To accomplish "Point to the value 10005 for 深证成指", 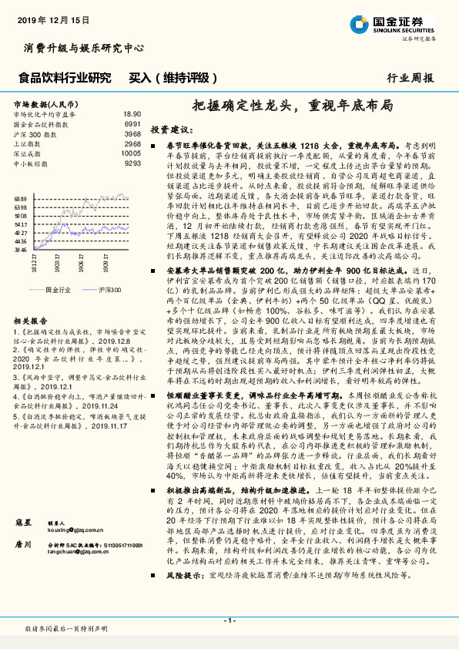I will (131, 153).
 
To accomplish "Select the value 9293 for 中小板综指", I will (132, 163).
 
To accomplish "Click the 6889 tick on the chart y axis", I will (19, 198).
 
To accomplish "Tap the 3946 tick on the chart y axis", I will (19, 250).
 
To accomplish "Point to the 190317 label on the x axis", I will (58, 265).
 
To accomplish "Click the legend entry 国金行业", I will (58, 288).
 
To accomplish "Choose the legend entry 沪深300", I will (109, 288).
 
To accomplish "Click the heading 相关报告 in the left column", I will (31, 319).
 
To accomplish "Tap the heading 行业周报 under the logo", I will (410, 78).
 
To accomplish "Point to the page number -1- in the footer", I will (229, 620).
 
